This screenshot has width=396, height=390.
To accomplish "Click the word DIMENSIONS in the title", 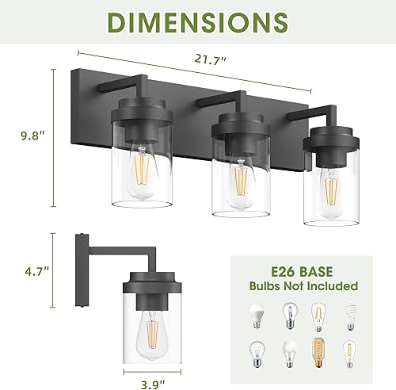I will (x=198, y=24).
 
